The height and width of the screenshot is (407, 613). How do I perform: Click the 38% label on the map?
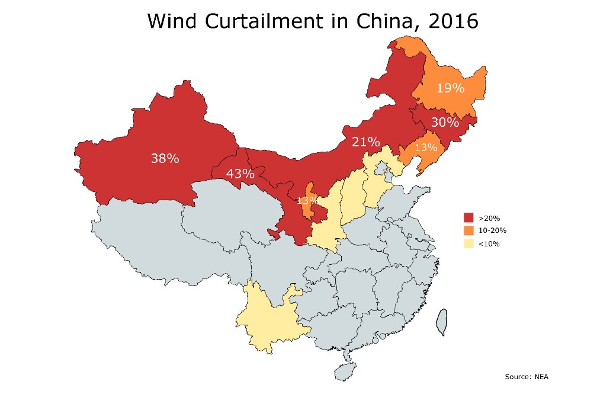pos(165,158)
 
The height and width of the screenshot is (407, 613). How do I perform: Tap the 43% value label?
pos(240,174)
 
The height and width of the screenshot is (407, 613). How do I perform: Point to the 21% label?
pos(365,142)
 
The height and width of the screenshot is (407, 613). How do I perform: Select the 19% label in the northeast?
pos(450,88)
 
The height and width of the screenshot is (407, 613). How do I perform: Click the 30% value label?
pos(445,123)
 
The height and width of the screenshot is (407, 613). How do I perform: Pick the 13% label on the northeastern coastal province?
pos(425,147)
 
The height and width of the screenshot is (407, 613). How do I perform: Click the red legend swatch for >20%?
pos(468,219)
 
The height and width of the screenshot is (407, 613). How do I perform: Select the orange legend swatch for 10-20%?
pos(468,230)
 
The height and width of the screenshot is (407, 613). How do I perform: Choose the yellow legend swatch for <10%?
pos(468,243)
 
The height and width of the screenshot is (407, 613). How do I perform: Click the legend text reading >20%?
pos(485,219)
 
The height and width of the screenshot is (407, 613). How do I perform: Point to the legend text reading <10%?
pos(485,243)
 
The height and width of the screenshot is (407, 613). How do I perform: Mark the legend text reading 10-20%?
pos(489,231)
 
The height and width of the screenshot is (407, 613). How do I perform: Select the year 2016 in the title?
pos(450,21)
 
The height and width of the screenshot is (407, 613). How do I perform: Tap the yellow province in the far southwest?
pos(269,317)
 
